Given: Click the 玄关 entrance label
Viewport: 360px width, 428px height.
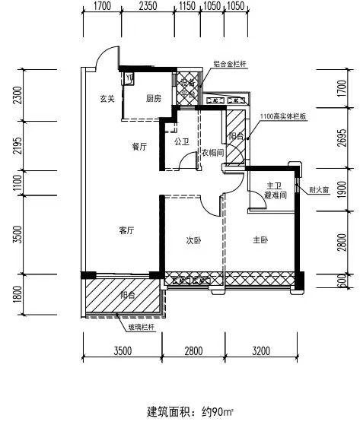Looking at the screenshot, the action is click(107, 99).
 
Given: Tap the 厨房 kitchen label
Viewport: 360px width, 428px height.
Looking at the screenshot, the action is click(153, 98).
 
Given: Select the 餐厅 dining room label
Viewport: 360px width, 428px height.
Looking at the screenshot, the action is click(139, 147).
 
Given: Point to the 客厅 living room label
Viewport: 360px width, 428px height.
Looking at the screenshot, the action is click(126, 230).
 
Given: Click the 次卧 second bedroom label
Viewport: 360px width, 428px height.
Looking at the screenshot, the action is click(193, 240).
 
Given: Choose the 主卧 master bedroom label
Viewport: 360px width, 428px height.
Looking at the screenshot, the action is click(260, 240).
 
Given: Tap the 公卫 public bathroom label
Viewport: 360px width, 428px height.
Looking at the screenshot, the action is click(182, 141).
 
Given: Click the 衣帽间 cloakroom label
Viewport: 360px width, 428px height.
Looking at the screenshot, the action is click(212, 153).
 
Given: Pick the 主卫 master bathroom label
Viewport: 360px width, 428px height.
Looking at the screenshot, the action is click(274, 186).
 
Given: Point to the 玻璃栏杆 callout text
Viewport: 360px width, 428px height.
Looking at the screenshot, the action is click(141, 327).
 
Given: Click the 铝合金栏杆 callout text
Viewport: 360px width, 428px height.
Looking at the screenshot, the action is click(230, 64).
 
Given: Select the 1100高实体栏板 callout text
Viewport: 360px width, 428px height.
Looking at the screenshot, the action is click(283, 116).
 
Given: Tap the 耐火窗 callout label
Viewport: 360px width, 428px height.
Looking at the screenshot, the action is click(319, 190).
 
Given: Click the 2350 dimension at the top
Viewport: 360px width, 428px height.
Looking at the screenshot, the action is click(148, 6).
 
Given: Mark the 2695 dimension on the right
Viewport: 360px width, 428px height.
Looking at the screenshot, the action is click(342, 138).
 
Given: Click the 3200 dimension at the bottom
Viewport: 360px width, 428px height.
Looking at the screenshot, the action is click(261, 351).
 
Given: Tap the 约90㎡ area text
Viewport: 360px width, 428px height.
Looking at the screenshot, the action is click(218, 411).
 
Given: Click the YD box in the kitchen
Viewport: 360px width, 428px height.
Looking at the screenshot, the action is click(129, 78).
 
